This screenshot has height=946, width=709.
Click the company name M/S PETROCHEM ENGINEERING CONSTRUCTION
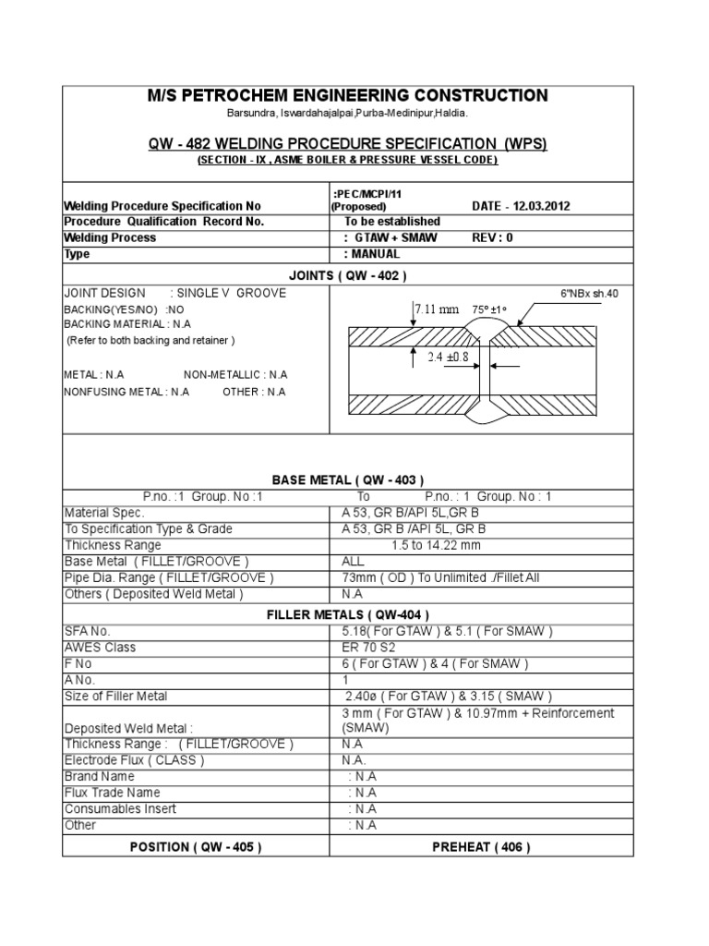pyautogui.click(x=348, y=96)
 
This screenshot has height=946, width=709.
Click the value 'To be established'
pyautogui.click(x=392, y=222)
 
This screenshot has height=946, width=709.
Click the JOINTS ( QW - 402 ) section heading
pyautogui.click(x=348, y=274)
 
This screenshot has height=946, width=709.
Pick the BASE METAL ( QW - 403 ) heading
pyautogui.click(x=348, y=479)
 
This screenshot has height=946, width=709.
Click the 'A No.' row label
pyautogui.click(x=81, y=680)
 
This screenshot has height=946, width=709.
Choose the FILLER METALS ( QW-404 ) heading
pyautogui.click(x=348, y=613)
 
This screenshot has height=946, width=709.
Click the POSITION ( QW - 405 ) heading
pyautogui.click(x=196, y=847)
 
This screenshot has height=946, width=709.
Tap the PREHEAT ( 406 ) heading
pyautogui.click(x=481, y=847)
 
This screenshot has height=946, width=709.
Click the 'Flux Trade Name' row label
pyautogui.click(x=112, y=793)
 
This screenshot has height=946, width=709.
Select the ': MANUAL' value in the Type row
pyautogui.click(x=372, y=254)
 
